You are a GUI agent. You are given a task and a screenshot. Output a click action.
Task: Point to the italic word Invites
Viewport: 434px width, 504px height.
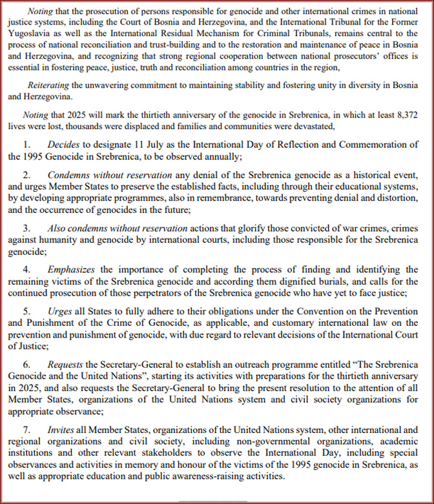point(60,429)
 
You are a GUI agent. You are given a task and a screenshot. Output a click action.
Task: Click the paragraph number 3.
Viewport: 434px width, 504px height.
point(27,228)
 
